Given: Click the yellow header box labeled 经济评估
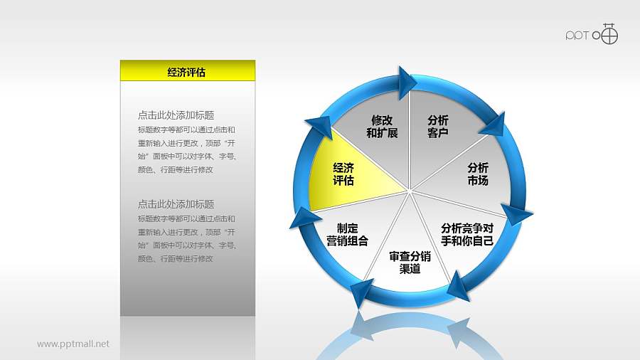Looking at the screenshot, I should point(187,70).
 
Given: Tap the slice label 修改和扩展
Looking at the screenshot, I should point(382,127).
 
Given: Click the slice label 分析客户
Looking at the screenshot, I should point(438,127).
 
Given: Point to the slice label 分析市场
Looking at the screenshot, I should point(477,174).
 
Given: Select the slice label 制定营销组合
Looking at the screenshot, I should point(347,234).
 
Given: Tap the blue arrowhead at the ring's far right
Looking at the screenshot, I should point(518,214).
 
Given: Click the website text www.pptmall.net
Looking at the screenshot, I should point(73,344).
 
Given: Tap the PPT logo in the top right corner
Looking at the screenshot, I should point(592,34).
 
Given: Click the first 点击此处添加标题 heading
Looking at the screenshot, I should point(176,115).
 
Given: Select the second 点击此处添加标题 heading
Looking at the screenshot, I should point(176,204).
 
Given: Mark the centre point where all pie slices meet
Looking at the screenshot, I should point(410,190).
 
